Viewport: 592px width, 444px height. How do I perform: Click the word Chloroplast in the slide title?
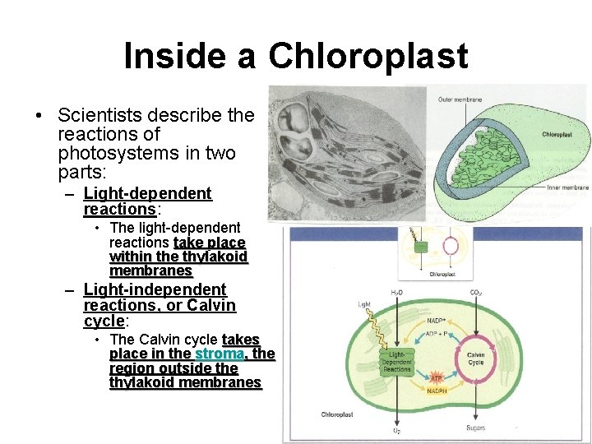[x=368, y=56]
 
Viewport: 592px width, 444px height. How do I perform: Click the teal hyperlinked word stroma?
[x=219, y=354]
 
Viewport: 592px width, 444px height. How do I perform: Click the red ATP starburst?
[x=437, y=376]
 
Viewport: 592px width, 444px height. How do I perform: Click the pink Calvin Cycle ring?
[x=475, y=359]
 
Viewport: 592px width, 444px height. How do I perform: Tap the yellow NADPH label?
[x=437, y=391]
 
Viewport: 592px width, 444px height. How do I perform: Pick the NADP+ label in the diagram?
[x=437, y=321]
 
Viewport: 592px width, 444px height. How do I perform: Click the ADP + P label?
[x=437, y=335]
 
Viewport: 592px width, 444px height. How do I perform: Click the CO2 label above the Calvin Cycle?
[x=474, y=293]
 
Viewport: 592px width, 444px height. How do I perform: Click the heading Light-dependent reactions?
[x=147, y=201]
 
